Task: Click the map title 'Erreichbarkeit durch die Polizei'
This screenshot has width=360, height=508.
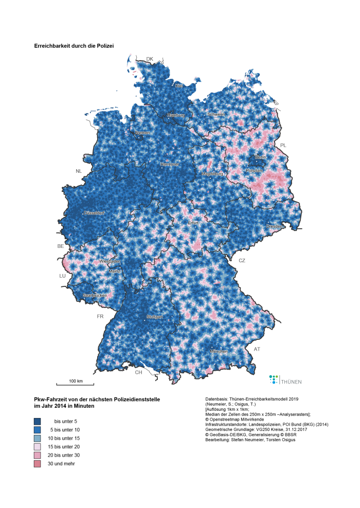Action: coord(74,46)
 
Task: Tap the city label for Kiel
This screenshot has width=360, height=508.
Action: coord(178,86)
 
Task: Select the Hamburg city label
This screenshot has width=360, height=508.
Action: coord(175,115)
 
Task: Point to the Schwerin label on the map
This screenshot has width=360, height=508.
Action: coord(215,114)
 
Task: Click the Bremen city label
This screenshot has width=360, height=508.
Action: coord(142,133)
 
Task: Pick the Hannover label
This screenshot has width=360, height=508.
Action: coord(169,164)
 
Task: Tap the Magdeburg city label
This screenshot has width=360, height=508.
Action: coord(213,174)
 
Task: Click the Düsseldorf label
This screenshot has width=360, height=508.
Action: coord(94,213)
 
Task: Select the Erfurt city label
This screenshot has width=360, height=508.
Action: coord(193,223)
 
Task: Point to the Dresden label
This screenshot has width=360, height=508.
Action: coord(273,226)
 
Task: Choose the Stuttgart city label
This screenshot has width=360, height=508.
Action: coord(154,317)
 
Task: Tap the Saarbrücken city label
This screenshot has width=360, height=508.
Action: coord(95,296)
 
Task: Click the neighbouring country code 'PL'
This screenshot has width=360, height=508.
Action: coord(283,146)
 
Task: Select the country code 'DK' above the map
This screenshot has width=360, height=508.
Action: coord(150,59)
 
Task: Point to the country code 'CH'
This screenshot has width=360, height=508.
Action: coord(138,372)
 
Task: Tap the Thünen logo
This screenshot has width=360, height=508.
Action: coord(285,380)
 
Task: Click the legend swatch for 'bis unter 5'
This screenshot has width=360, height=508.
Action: coord(38,421)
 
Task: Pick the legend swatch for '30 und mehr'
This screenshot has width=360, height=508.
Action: coord(38,463)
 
